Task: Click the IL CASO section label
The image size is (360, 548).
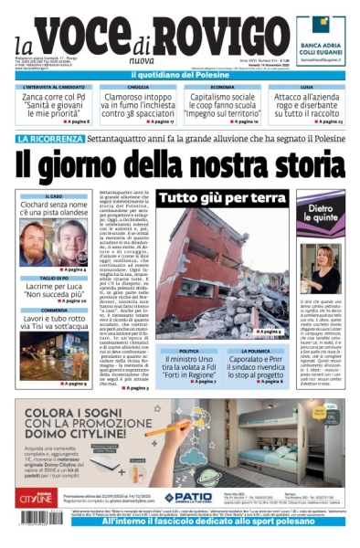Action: pyautogui.click(x=54, y=196)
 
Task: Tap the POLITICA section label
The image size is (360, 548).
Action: pyautogui.click(x=189, y=351)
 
